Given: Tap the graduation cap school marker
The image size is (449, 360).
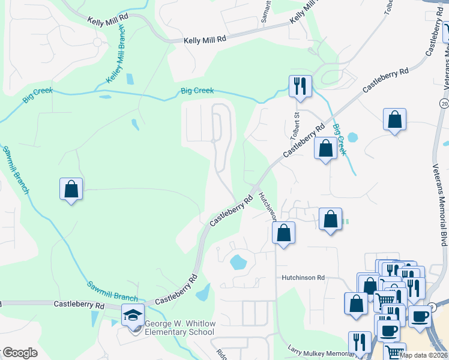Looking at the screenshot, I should pyautogui.click(x=133, y=314).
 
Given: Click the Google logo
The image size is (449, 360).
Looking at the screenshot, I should pyautogui.click(x=19, y=353).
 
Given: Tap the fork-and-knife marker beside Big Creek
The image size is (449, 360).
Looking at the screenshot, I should pyautogui.click(x=300, y=86).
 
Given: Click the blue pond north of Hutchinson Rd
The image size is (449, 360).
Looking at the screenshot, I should pyautogui.click(x=238, y=262).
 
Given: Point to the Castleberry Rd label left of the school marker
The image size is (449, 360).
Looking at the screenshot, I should pyautogui.click(x=79, y=305).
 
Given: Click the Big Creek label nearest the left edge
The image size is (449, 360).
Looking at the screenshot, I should pyautogui.click(x=38, y=94).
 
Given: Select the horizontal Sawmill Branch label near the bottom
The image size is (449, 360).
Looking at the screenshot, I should pyautogui.click(x=112, y=291).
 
